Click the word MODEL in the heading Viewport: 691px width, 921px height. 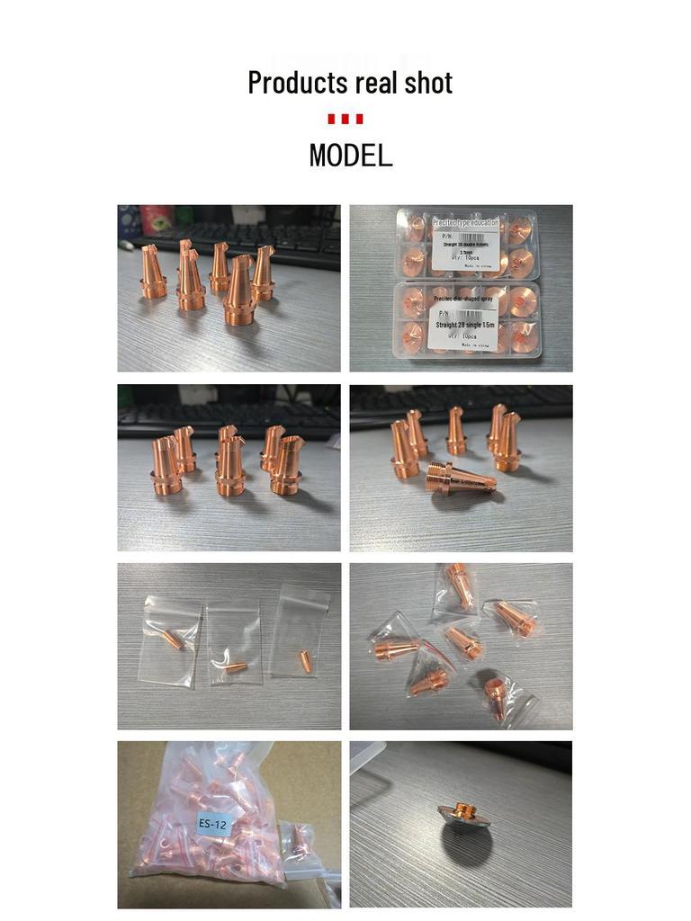(351, 156)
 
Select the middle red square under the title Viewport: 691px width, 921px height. (345, 119)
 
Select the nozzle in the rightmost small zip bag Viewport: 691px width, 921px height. (305, 661)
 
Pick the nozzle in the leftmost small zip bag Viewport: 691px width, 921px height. (172, 639)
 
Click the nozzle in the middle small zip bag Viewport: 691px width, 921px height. (236, 667)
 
